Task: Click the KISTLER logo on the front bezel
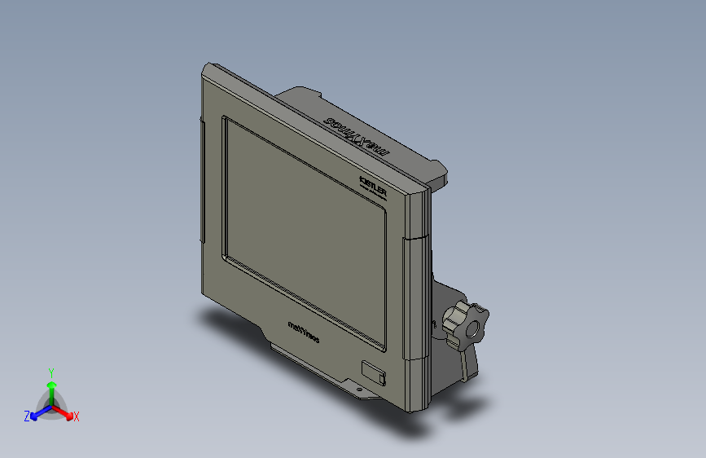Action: (x=376, y=181)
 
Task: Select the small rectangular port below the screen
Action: (x=374, y=373)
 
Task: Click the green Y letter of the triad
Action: (x=51, y=371)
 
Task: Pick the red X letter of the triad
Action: (x=76, y=417)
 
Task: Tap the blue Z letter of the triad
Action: (x=27, y=416)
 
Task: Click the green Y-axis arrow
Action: (x=51, y=388)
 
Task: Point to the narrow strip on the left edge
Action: (x=201, y=179)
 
